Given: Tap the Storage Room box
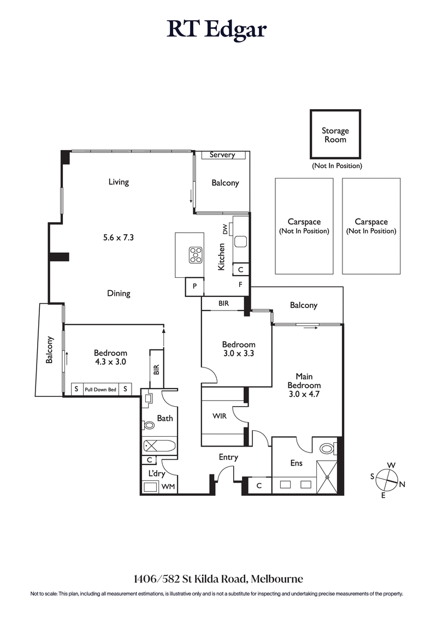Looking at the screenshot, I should (335, 135).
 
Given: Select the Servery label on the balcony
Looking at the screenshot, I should (222, 155).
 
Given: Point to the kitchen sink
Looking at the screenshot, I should (241, 241).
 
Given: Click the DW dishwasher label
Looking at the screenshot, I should (225, 230).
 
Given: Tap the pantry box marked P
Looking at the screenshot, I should (193, 287).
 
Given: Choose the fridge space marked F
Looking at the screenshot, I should (240, 284).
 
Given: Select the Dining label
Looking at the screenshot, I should (119, 293).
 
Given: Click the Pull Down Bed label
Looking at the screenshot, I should (100, 389).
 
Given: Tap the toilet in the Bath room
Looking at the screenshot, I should (149, 425).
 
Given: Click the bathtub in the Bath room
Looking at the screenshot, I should (160, 446).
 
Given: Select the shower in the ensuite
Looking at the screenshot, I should (327, 476).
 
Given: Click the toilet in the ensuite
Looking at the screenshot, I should (327, 449).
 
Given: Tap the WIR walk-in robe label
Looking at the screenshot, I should (219, 416).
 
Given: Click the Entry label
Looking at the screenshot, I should (228, 457).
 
